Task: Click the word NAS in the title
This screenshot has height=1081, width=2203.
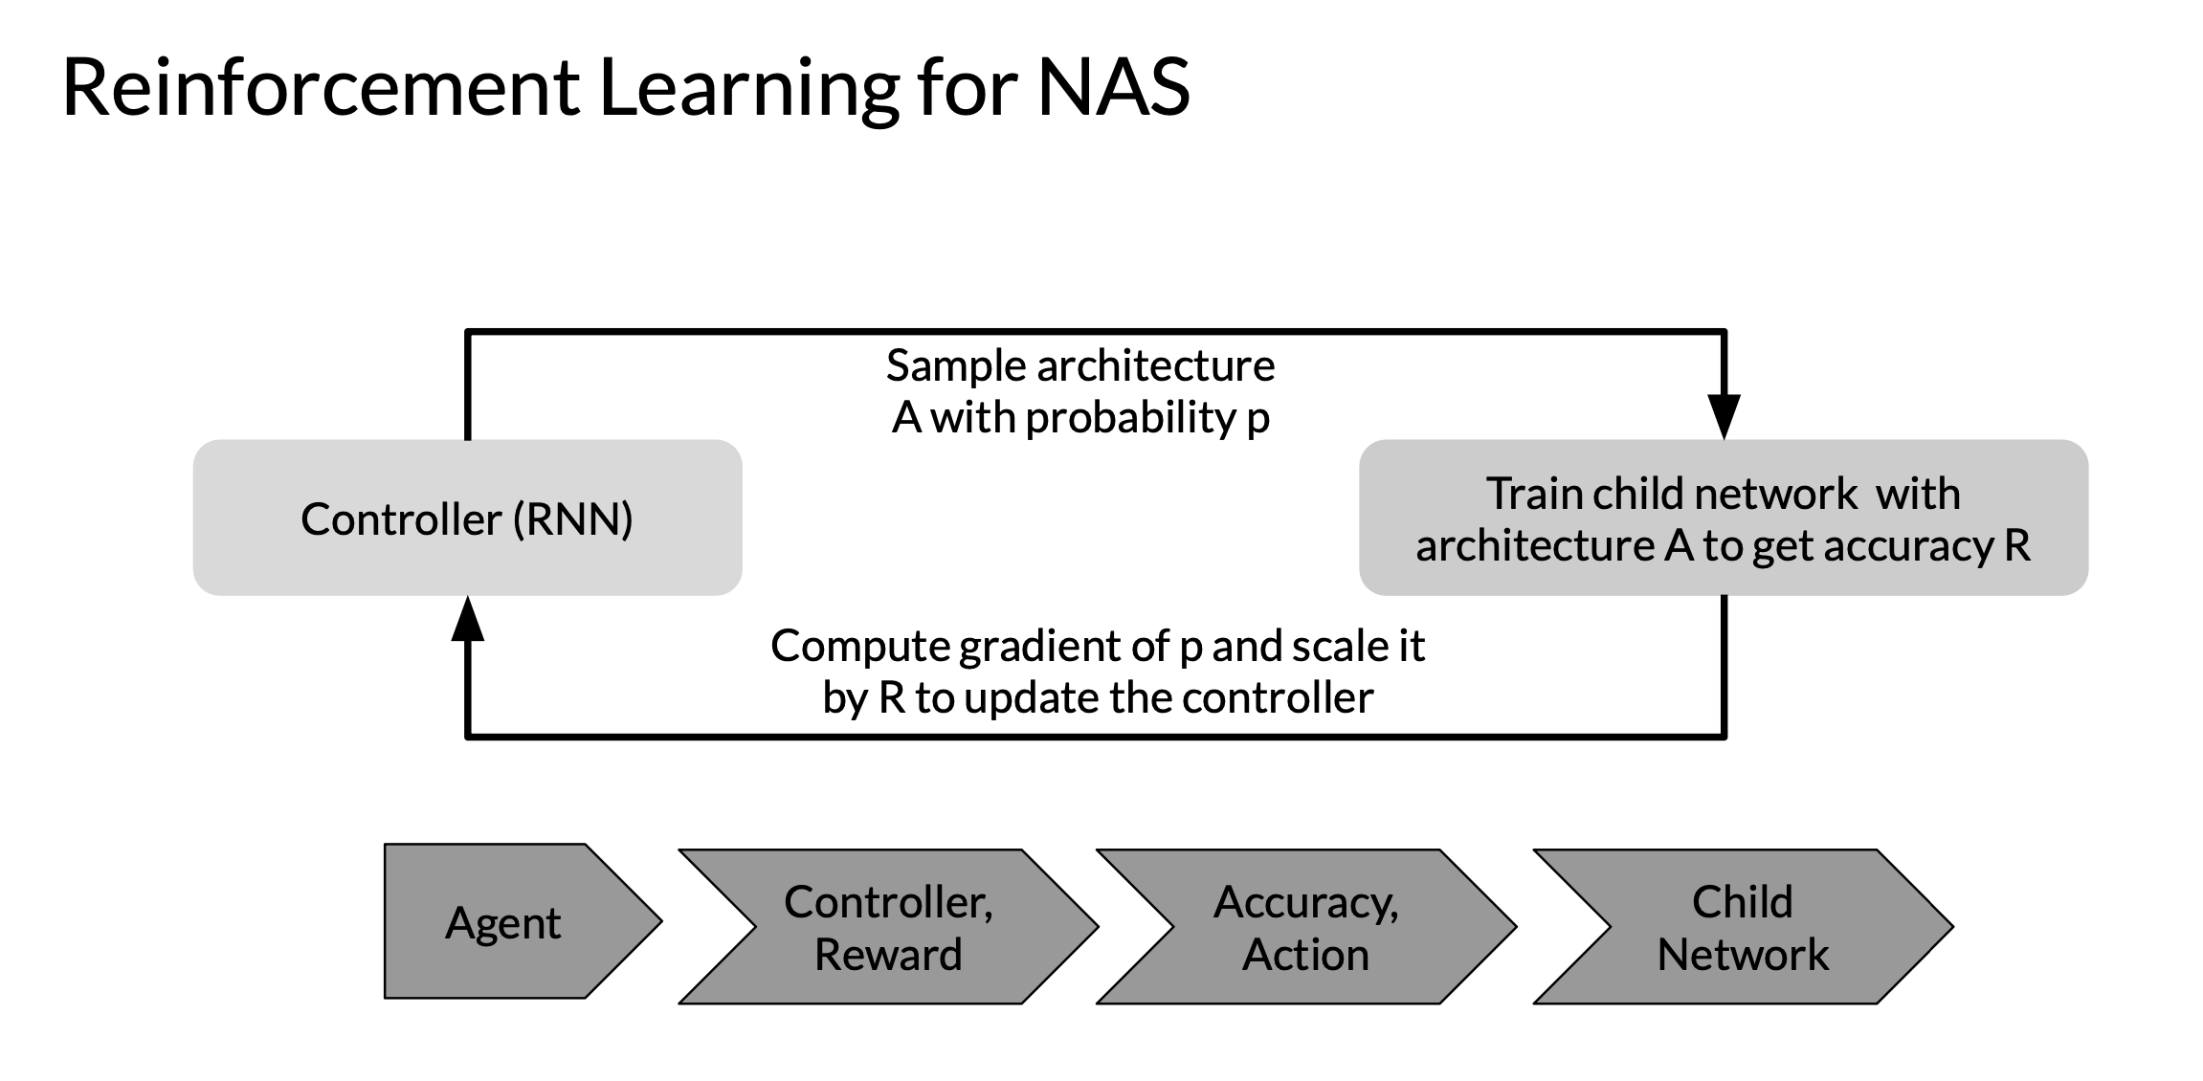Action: coord(1114,87)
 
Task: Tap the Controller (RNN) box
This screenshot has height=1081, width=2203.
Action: coord(467,518)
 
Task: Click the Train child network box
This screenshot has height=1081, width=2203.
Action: coord(1723,518)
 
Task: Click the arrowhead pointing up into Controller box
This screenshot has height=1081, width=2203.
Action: coord(467,618)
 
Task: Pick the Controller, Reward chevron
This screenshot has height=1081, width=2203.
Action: coord(888,926)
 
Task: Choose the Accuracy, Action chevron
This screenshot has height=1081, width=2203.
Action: coord(1306,926)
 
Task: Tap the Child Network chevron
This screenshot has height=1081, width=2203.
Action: coord(1743,926)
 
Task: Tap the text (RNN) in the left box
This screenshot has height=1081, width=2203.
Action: coord(573,519)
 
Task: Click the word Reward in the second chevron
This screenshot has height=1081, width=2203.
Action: coord(888,955)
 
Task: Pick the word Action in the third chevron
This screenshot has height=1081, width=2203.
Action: coord(1305,955)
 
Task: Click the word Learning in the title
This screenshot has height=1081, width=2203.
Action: coord(749,89)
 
